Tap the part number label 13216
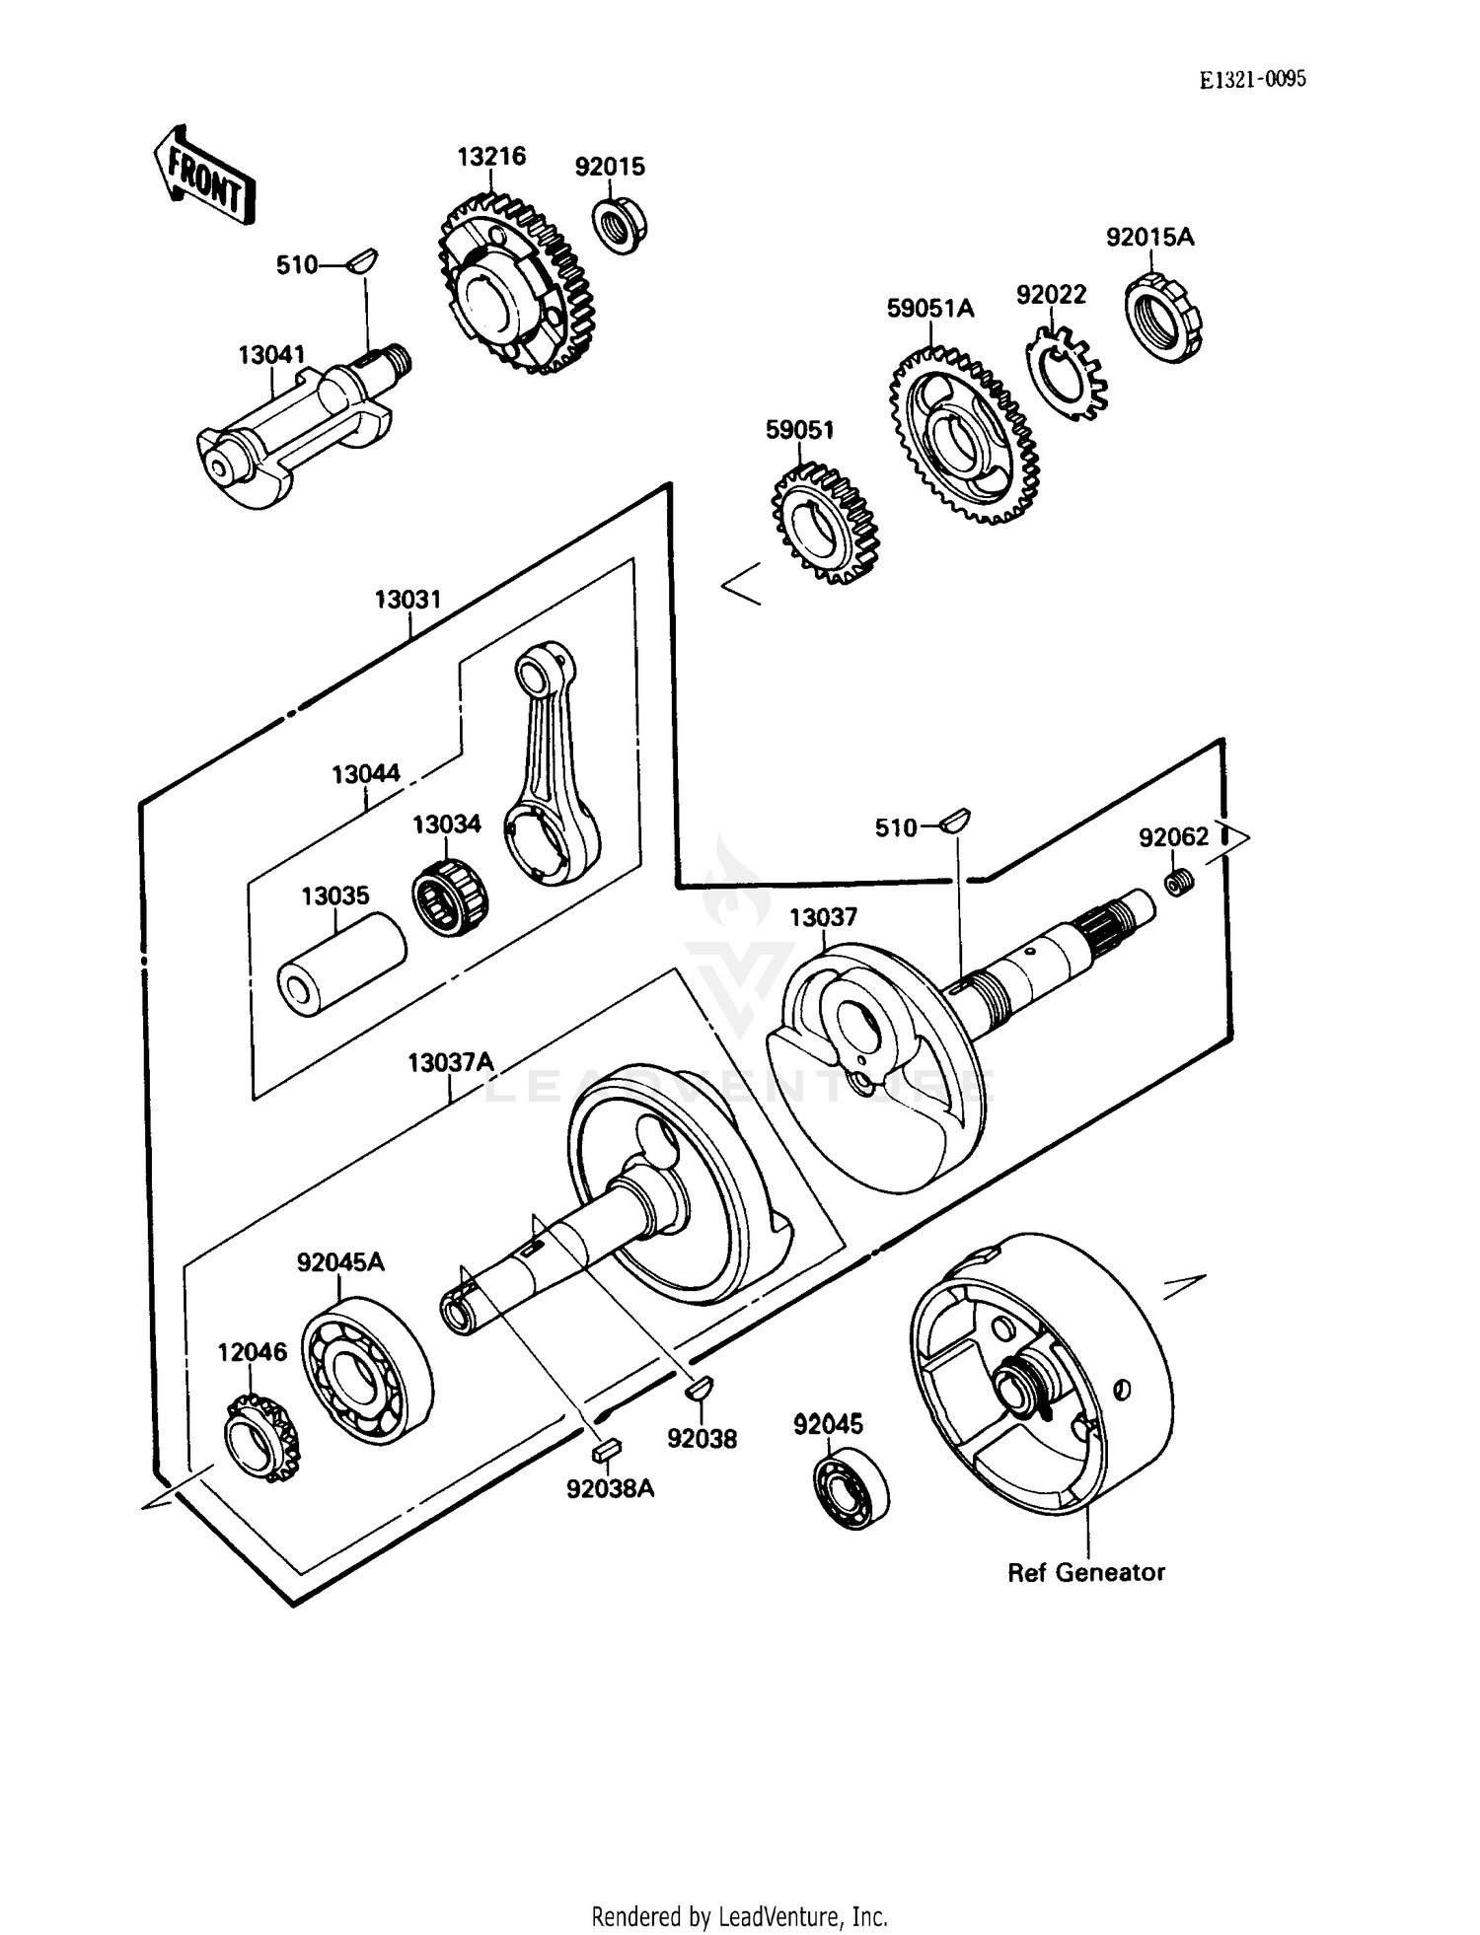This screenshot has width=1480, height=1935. coord(490,157)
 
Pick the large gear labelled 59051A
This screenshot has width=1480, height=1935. coord(963,435)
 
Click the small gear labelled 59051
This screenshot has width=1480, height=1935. coord(824,524)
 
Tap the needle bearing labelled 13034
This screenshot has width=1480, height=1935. coord(450,896)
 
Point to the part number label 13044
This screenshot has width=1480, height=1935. coord(366,774)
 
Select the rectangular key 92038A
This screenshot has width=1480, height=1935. coord(604,1450)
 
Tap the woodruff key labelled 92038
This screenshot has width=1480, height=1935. coord(699,1389)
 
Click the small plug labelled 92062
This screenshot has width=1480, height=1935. coord(1178,882)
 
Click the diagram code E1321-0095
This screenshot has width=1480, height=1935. coord(1252,80)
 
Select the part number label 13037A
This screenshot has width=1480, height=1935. coord(451,1063)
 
